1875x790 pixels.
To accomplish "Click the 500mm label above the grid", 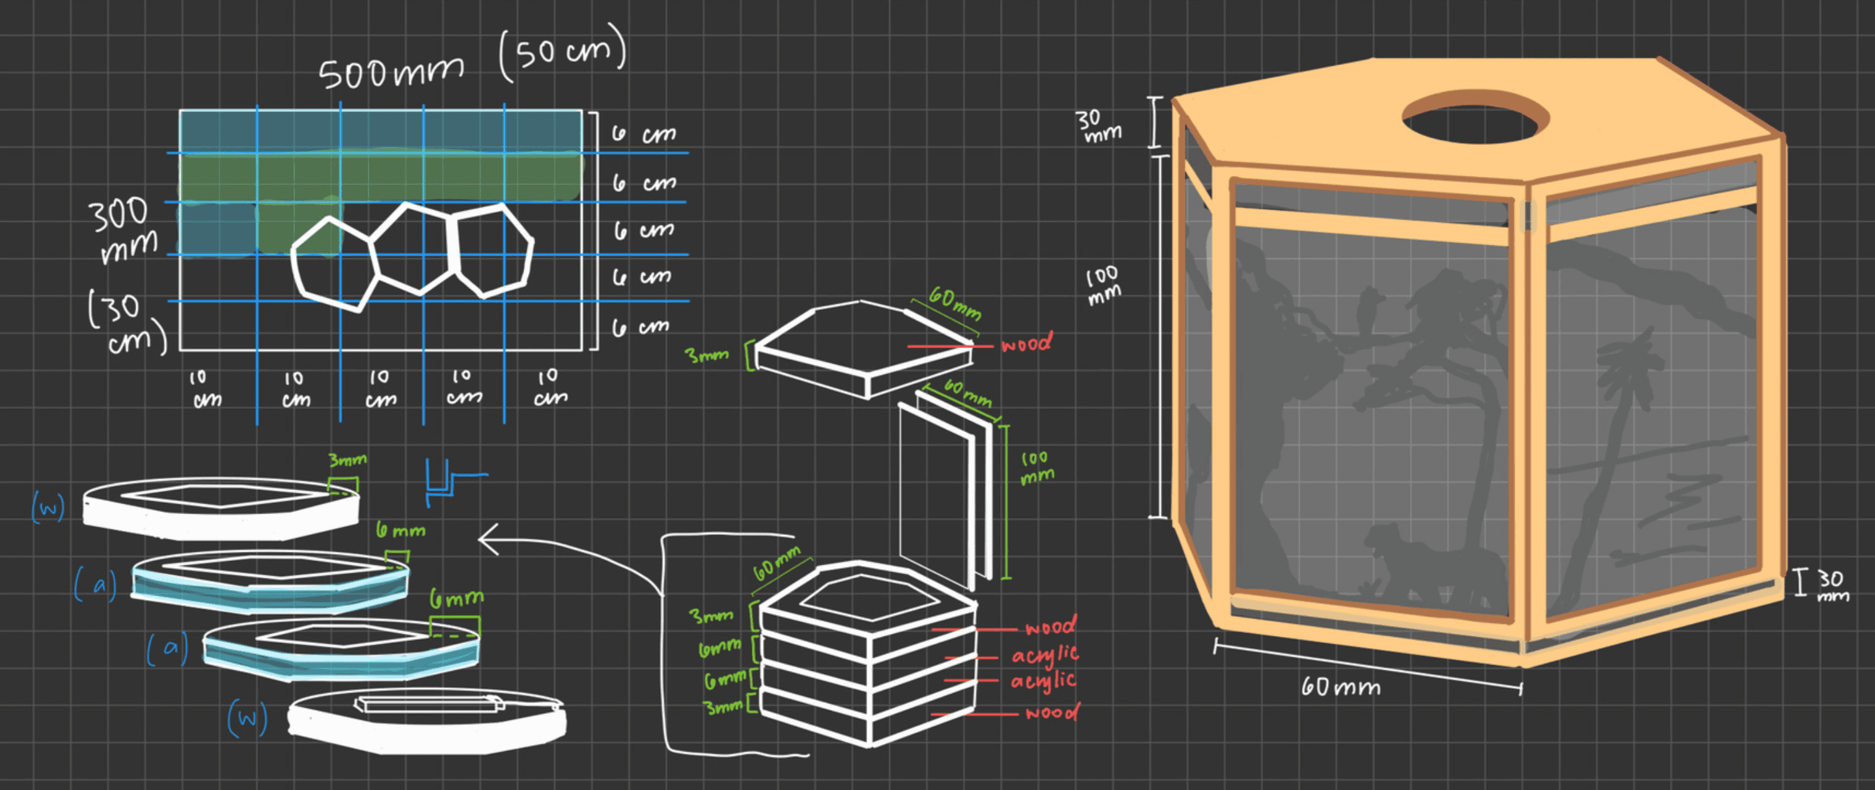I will (x=391, y=73).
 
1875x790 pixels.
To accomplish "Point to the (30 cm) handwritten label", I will (x=125, y=321).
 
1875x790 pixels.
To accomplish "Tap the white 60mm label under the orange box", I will (x=1340, y=686).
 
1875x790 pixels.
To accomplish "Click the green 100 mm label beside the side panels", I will (x=1036, y=467).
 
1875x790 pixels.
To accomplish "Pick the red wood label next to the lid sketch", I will (x=1026, y=344).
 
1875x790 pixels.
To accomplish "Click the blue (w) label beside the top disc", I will (x=48, y=507).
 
